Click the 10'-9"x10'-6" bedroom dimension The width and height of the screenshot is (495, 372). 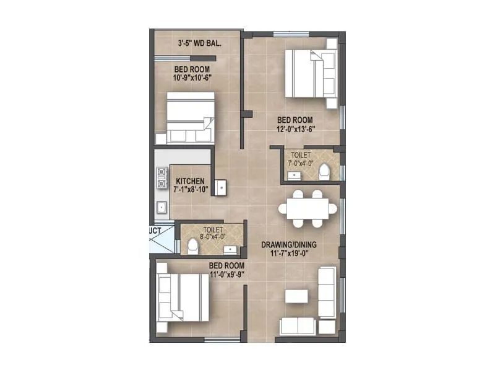(x=191, y=78)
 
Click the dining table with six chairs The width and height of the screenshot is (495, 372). (x=308, y=208)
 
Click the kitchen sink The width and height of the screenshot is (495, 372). (x=161, y=208)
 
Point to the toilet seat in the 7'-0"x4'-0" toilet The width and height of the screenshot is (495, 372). (x=324, y=172)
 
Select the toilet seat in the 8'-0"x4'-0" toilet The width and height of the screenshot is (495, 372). (x=192, y=246)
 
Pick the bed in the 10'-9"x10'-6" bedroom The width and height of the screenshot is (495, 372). (x=190, y=118)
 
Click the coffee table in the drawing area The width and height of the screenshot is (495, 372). (x=296, y=296)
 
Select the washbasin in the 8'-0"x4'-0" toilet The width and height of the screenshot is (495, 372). (x=230, y=249)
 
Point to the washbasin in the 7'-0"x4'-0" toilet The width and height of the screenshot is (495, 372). (x=293, y=175)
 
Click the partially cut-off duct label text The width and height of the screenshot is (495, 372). (x=155, y=230)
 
